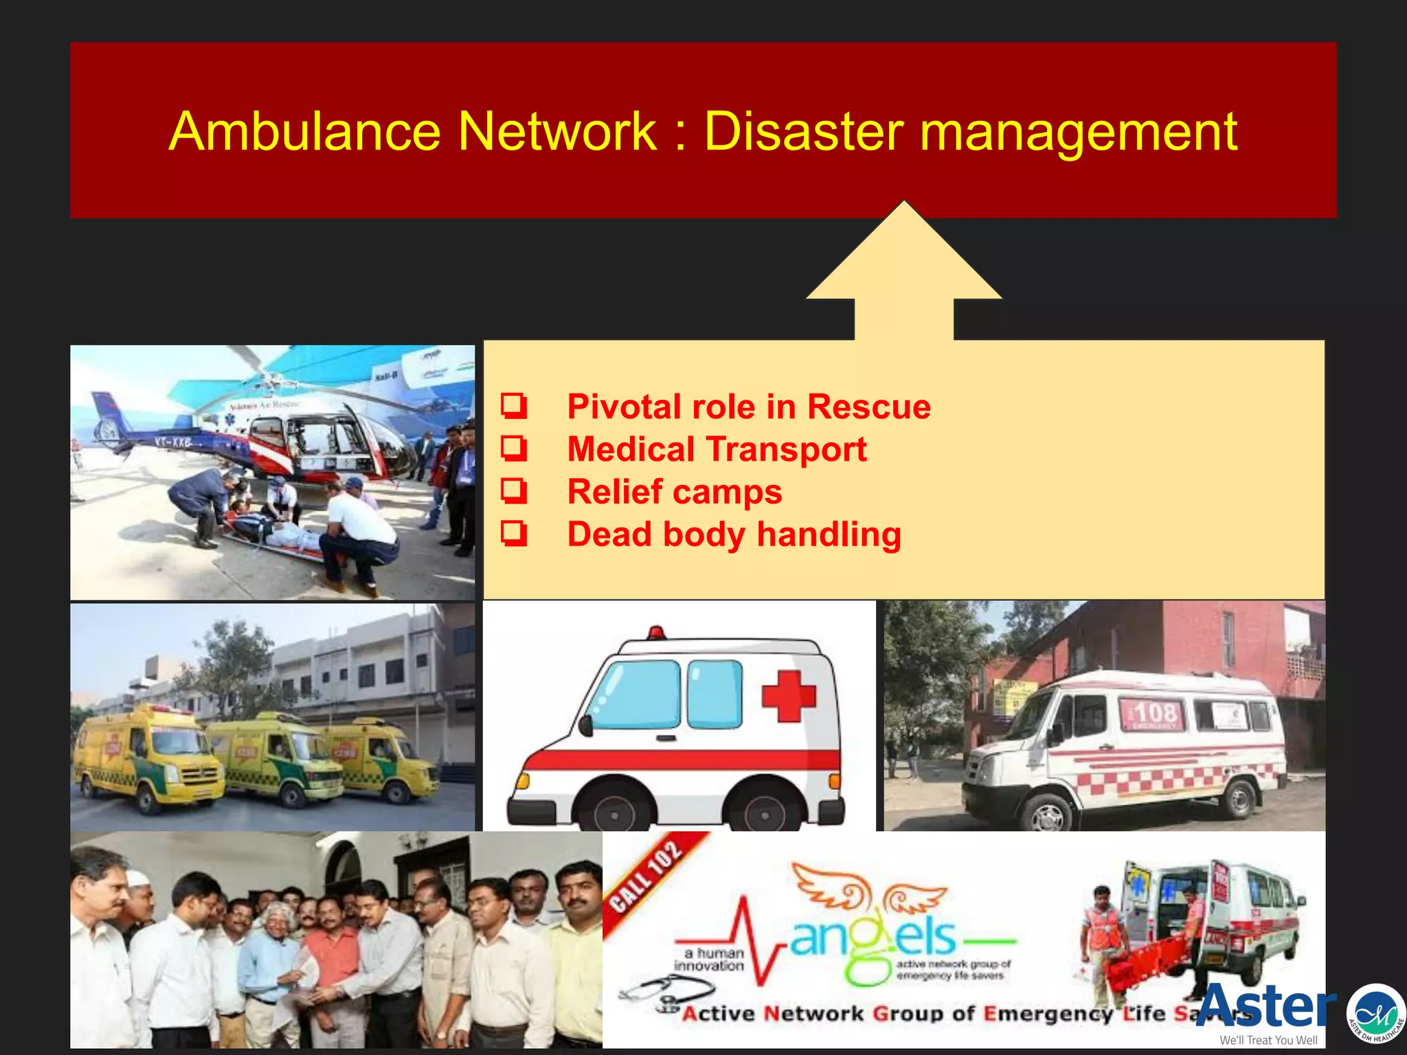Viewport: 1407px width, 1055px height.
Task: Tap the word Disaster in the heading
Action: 804,132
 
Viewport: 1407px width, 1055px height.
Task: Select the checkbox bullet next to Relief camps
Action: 514,491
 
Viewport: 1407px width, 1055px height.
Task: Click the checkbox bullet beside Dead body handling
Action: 514,534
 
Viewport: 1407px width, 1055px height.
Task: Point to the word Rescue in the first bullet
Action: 868,407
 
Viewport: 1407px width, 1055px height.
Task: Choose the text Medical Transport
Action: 717,449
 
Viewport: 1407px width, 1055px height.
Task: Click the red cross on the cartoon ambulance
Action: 788,696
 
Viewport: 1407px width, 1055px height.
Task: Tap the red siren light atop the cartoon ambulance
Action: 656,633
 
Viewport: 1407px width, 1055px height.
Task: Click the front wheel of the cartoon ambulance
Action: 614,810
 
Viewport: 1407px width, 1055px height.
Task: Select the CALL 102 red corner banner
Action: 649,876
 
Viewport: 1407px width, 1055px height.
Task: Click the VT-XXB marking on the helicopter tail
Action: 172,442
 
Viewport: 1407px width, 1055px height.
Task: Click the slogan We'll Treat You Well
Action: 1268,1040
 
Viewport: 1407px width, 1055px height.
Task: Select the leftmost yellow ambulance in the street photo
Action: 148,759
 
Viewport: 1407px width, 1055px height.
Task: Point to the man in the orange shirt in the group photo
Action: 333,962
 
